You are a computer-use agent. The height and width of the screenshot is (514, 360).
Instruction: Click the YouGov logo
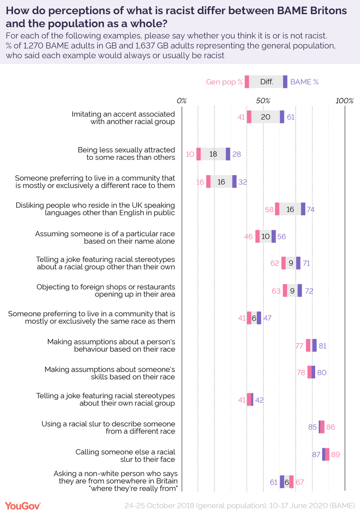click(x=23, y=505)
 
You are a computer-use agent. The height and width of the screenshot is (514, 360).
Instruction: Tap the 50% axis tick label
click(x=263, y=101)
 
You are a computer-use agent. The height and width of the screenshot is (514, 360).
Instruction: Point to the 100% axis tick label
click(x=344, y=101)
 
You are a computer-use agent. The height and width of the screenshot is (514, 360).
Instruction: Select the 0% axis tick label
click(x=181, y=101)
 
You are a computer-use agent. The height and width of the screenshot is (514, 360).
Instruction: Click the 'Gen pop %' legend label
click(x=224, y=82)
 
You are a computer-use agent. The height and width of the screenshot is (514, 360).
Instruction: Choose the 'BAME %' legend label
click(x=304, y=82)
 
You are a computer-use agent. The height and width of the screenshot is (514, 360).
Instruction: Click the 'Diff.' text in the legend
click(x=266, y=82)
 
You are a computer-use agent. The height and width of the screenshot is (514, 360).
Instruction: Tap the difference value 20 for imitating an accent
click(x=265, y=117)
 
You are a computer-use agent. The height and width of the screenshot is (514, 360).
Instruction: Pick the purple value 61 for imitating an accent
click(x=291, y=117)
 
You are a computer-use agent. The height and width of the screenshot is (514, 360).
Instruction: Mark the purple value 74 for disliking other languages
click(x=311, y=209)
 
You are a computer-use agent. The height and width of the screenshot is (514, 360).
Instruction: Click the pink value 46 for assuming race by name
click(x=248, y=236)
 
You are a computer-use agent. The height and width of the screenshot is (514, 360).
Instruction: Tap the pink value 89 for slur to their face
click(x=335, y=454)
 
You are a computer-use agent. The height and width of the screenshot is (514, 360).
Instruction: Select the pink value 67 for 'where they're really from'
click(x=300, y=482)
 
